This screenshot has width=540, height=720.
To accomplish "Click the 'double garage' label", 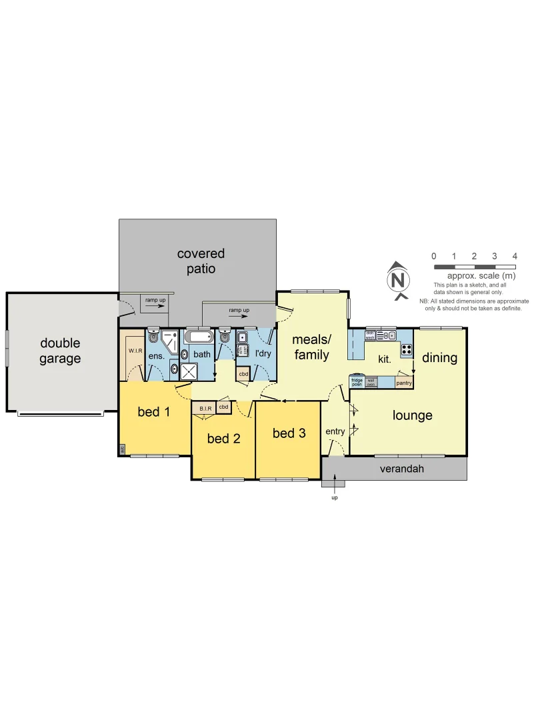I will point(60,351).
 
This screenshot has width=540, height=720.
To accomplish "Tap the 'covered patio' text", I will point(201,261).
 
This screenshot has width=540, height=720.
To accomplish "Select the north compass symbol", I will point(398,279).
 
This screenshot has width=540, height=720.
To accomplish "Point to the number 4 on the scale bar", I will point(515,256).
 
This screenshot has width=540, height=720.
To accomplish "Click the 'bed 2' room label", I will point(223,438).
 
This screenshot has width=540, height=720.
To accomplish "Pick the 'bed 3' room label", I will point(289,433).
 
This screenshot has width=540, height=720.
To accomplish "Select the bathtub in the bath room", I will point(197,336).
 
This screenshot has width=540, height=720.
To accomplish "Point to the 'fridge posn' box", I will point(357,382).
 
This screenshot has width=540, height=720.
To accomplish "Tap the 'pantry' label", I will point(403,383).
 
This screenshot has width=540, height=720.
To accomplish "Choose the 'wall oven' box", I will point(371,382).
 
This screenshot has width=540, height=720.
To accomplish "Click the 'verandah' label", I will point(401,469).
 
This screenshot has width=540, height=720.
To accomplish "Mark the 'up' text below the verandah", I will point(335,497).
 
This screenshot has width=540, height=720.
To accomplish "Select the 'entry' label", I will point(335,431).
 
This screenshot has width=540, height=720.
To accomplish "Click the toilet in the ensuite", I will point(153,336).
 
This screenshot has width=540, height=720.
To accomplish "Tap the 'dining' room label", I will point(439,358).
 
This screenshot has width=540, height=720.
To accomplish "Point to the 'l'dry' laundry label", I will point(263,353).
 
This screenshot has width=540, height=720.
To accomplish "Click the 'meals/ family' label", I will point(311,347).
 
